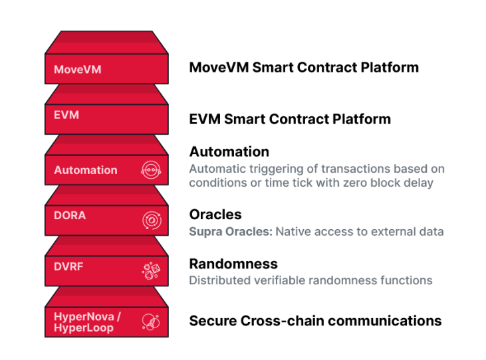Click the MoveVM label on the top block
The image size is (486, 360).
coord(78,69)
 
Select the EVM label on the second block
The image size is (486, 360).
coord(66,115)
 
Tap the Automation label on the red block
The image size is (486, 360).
coord(86,170)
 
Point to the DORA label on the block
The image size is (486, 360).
coord(70,215)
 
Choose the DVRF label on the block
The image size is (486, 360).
coord(68,266)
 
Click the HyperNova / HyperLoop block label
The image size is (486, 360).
coord(87,322)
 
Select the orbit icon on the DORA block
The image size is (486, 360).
coord(152,221)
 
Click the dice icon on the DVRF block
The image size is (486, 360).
coord(151,271)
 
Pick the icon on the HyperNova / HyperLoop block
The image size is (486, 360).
coord(151,322)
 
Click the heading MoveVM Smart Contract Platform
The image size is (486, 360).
coord(304,67)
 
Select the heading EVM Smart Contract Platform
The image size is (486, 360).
coord(290,119)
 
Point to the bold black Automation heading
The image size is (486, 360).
coord(229,151)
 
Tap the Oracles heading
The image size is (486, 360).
coord(215,215)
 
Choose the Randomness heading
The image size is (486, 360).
coord(233,264)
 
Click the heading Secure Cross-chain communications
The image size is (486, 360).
coord(315,321)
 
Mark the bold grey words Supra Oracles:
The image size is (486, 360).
coord(231,232)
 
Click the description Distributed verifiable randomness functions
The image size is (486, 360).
coord(310,280)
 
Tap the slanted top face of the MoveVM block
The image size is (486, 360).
coord(106,43)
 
